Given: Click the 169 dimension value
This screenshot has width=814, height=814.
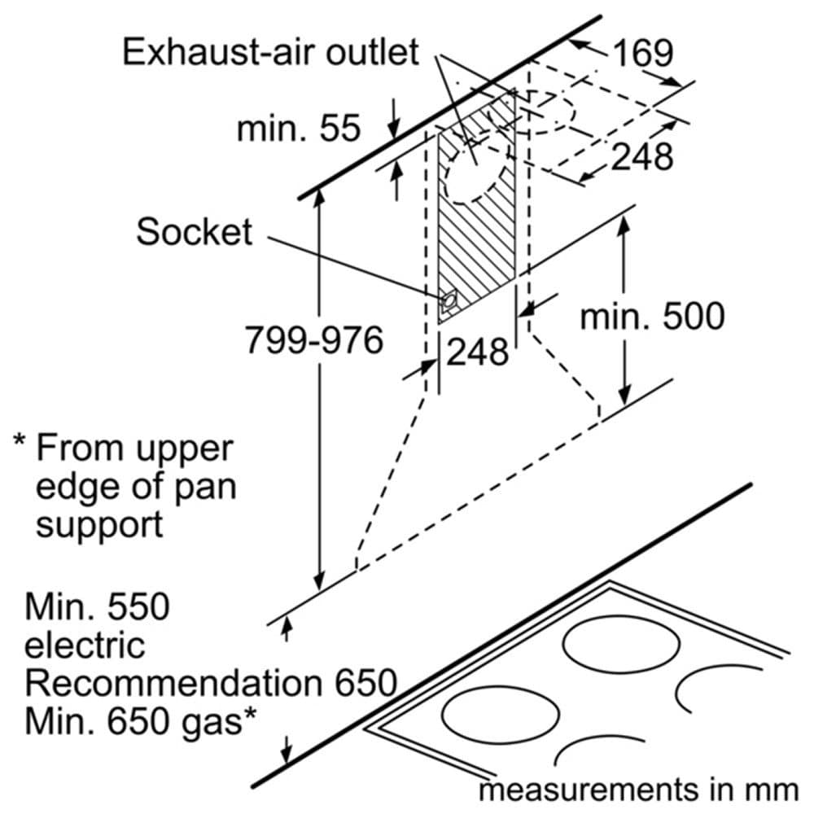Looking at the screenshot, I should [x=643, y=54].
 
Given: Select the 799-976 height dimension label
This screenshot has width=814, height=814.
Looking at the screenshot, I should [x=314, y=340].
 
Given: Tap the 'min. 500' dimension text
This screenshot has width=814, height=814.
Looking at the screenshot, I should [x=651, y=316].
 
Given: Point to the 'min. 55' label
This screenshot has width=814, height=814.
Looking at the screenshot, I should [x=298, y=128].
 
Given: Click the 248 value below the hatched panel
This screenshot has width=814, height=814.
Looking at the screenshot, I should [x=477, y=352].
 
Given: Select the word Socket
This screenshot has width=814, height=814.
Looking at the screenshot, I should [x=194, y=232].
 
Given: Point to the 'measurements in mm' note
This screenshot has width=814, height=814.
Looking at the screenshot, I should [x=638, y=789].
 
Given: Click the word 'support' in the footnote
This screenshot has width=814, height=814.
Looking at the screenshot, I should [x=99, y=525].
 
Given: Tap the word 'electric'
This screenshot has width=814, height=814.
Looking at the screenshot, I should [x=84, y=645].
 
